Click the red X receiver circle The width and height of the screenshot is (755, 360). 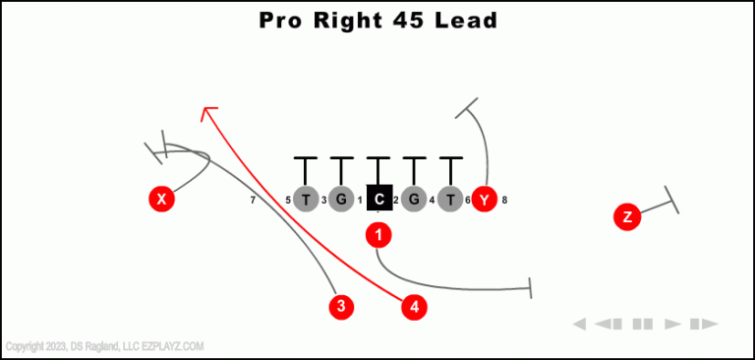[162, 200]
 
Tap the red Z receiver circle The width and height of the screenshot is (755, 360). [627, 216]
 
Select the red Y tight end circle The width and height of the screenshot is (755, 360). [484, 200]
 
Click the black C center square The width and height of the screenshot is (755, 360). [379, 199]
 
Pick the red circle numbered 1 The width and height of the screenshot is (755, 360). [378, 234]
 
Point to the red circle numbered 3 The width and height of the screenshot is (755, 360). [341, 306]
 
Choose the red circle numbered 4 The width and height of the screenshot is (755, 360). [415, 307]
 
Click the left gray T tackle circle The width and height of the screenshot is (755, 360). [307, 200]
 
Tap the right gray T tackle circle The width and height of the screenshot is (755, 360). [450, 200]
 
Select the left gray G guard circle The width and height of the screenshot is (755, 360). [341, 200]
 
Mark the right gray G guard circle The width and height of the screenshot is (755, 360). [414, 200]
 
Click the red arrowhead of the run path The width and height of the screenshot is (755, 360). [205, 111]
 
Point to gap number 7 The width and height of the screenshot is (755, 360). [253, 201]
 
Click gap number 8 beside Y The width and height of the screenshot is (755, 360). [504, 201]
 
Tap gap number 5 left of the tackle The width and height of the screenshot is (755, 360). [288, 201]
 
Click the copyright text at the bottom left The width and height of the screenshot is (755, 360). [104, 346]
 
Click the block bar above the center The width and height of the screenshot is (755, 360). [378, 157]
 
